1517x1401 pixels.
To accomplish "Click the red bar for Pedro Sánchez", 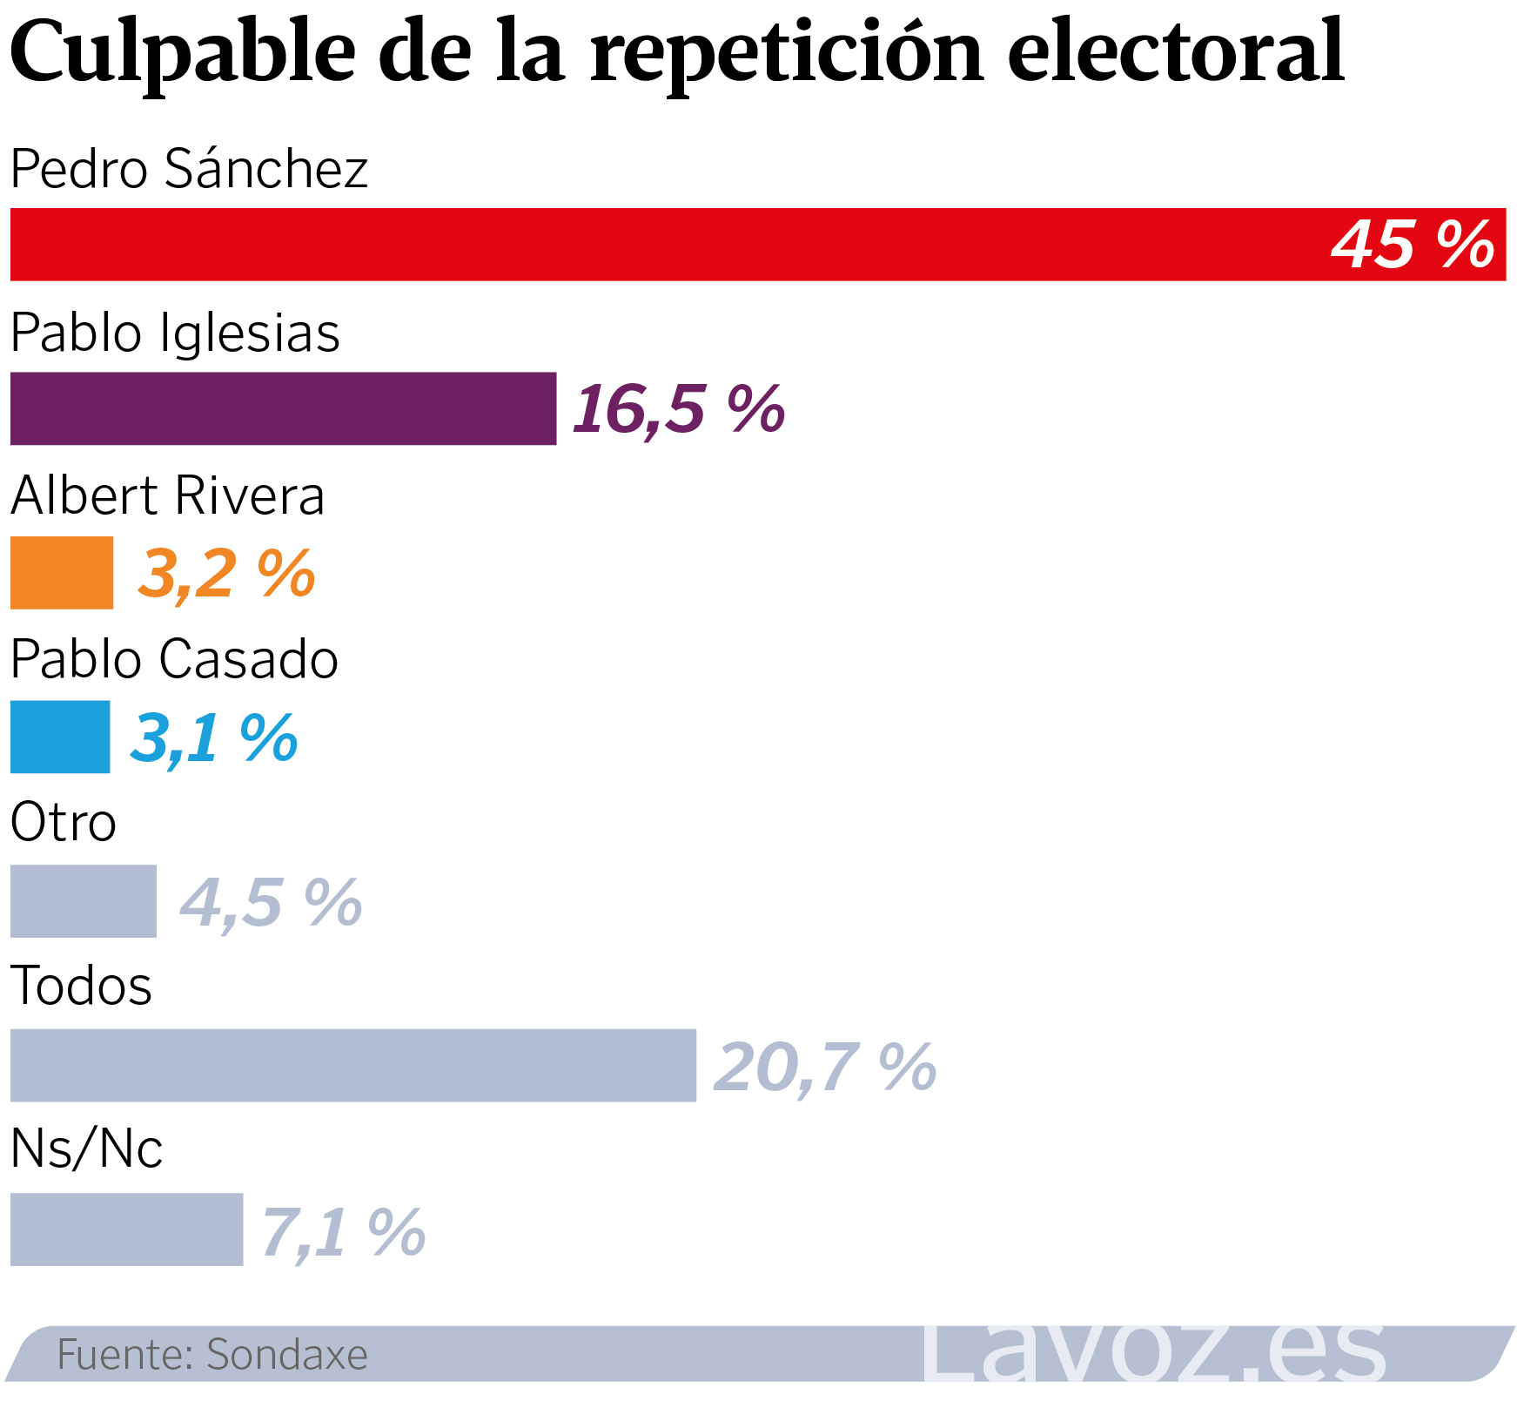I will coord(661,245).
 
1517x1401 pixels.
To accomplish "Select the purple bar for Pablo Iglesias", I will coord(283,408).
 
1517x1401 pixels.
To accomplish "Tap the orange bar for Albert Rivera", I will coord(62,572).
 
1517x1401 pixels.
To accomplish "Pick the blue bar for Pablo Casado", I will coord(60,737).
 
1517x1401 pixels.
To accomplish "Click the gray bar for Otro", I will coord(84,901).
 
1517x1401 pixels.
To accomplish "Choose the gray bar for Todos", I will coord(352,1065).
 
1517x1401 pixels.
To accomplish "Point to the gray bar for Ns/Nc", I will coord(126,1229).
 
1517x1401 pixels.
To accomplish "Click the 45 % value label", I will coord(1413,245).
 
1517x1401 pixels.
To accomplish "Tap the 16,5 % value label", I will coord(679,408).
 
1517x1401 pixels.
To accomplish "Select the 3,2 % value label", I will coord(226,573).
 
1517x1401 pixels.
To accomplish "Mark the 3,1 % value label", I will coord(214,738).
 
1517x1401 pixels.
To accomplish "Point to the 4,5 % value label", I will coord(271,902).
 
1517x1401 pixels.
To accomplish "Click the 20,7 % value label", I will coord(824,1066).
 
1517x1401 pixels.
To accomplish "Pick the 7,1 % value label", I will coord(343,1230).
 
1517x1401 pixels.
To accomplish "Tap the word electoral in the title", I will coord(1176,51).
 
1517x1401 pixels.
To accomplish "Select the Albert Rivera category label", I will coord(167,495).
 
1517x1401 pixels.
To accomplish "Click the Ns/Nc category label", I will coord(86,1148).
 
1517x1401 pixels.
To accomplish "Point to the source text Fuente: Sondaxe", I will coord(212,1354).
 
